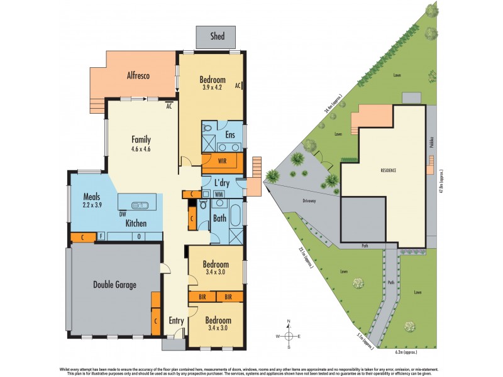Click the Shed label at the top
[x=217, y=36]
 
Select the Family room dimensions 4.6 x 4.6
[x=141, y=149]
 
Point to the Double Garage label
[x=115, y=285]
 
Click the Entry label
[x=176, y=320]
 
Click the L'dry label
[x=221, y=183]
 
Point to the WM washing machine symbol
[x=219, y=194]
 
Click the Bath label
[x=219, y=219]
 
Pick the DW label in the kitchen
[x=123, y=214]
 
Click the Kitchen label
[x=136, y=223]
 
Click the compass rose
[x=289, y=336]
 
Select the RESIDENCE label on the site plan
[x=390, y=170]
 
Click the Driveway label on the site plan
[x=306, y=202]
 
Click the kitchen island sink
[x=139, y=204]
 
